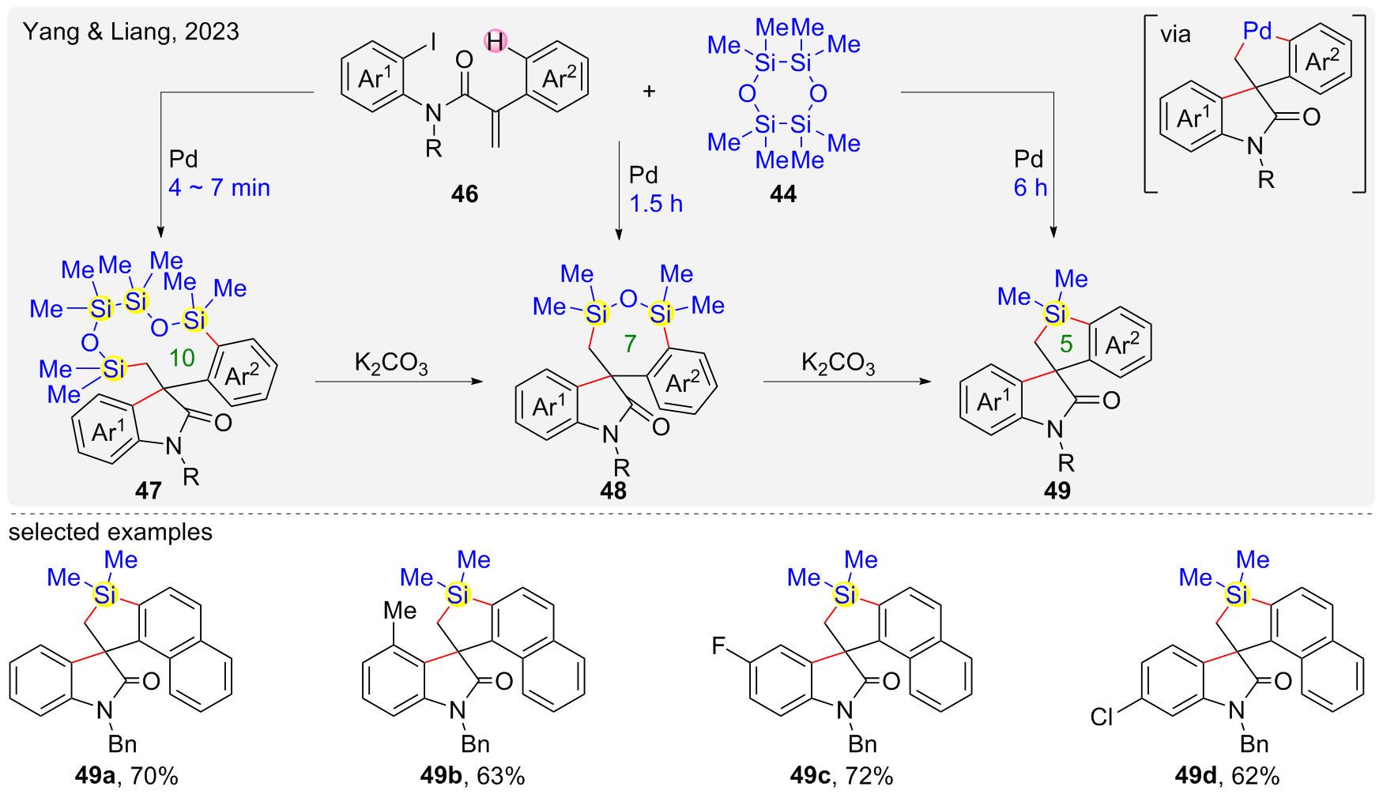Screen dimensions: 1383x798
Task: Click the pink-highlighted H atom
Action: point(496,41)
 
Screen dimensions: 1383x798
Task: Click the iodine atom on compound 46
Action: point(432,41)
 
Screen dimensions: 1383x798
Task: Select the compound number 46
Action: point(465,194)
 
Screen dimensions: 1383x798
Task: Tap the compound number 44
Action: point(783,194)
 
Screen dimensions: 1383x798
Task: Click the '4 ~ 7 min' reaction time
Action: point(219,188)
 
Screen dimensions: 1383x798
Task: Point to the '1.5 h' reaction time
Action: point(656,204)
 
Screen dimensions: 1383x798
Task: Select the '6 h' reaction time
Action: point(1031,188)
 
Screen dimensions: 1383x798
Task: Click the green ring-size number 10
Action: point(182,358)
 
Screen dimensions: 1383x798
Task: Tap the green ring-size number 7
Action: point(630,344)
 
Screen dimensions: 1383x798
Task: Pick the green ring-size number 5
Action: point(1066,344)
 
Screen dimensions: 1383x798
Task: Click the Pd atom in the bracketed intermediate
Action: point(1257,32)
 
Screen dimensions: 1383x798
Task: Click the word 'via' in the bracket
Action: point(1175,35)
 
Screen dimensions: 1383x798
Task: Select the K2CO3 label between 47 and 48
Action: point(391,363)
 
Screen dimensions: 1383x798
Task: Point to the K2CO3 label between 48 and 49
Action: point(838,363)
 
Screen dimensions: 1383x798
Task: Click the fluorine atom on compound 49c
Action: point(718,646)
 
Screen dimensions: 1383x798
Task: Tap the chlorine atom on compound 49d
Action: point(1102,717)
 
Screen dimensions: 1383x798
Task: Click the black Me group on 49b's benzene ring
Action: point(400,611)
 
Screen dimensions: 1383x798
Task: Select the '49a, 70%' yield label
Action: point(126,776)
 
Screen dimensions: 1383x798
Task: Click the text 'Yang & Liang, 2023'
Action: point(131,32)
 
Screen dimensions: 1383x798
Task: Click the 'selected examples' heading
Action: point(111,532)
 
